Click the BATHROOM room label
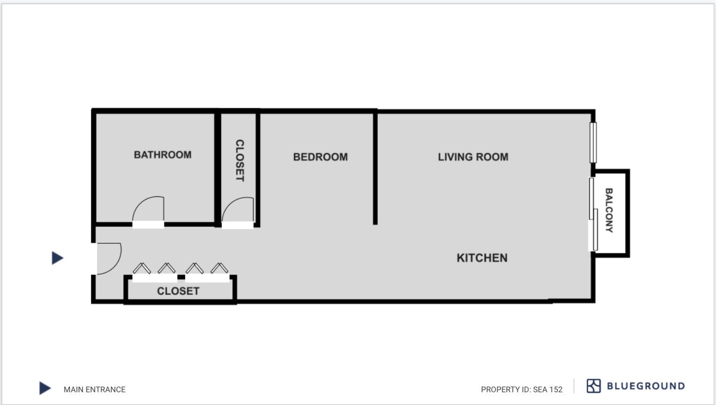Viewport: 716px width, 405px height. (x=163, y=155)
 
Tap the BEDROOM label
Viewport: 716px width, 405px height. (x=320, y=157)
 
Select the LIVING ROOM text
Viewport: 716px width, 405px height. (x=473, y=157)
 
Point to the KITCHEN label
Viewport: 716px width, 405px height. (x=482, y=258)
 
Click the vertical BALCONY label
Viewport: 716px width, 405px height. (x=609, y=211)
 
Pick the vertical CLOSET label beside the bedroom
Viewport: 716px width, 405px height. (x=240, y=161)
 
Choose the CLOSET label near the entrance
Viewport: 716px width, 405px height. (x=179, y=291)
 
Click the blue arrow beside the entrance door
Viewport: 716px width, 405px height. (x=57, y=258)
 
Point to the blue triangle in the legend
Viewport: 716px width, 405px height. (x=45, y=388)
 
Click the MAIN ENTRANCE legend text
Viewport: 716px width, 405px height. (x=95, y=389)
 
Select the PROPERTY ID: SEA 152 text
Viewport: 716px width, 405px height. (x=521, y=389)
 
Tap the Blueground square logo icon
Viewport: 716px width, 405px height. (x=594, y=386)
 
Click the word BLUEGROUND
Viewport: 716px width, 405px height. (x=646, y=386)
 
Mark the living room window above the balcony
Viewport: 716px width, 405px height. (x=593, y=143)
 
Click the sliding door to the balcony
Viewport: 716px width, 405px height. (x=593, y=214)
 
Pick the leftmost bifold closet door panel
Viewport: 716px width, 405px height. (x=142, y=268)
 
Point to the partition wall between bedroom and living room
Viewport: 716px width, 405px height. (x=375, y=168)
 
